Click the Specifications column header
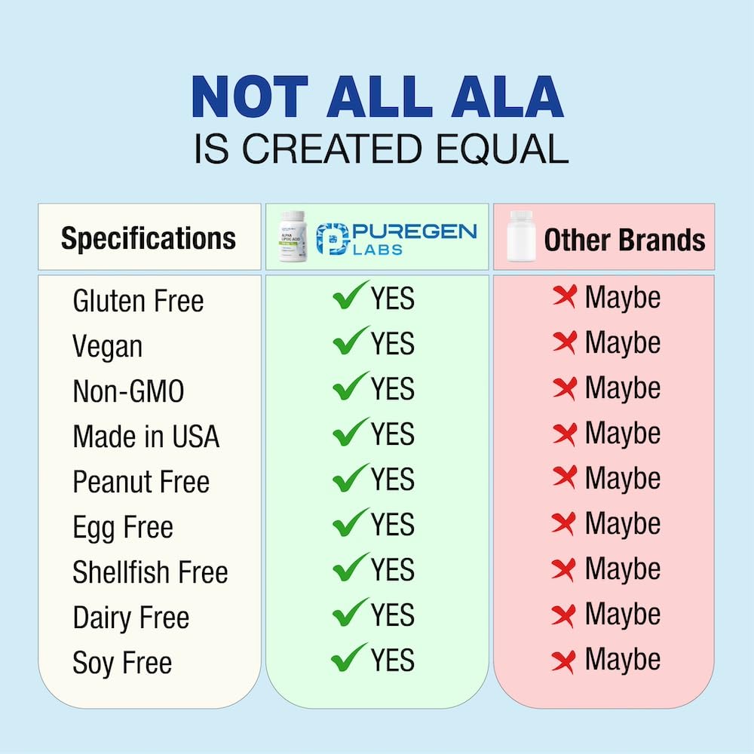(149, 238)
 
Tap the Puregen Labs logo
(397, 238)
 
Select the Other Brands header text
(624, 240)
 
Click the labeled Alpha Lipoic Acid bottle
(295, 237)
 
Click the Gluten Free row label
(138, 301)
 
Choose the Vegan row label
(107, 346)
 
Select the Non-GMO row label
(128, 391)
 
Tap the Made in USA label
(146, 437)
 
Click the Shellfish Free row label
(150, 572)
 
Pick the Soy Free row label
(122, 663)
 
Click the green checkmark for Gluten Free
(350, 296)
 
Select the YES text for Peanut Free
(392, 480)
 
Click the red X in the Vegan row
(564, 343)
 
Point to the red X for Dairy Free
(564, 615)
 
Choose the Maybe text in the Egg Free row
(622, 524)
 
